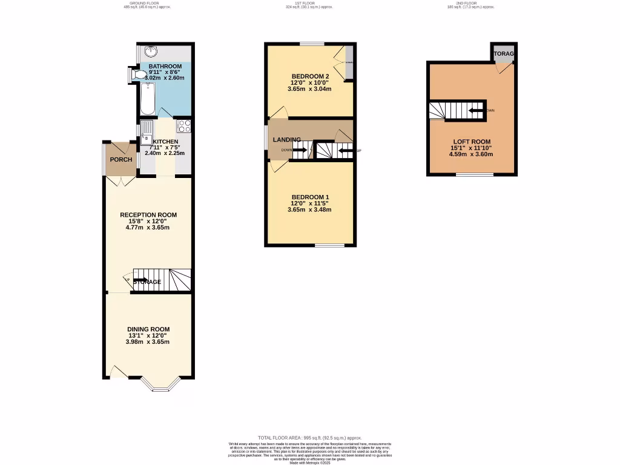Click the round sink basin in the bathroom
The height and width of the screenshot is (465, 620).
pyautogui.click(x=147, y=51)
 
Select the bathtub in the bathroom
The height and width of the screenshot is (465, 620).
pyautogui.click(x=147, y=99)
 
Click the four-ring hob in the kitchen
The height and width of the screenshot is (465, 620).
pyautogui.click(x=184, y=127)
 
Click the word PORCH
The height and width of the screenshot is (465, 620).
pyautogui.click(x=120, y=160)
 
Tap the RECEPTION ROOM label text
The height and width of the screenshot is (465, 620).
pyautogui.click(x=148, y=215)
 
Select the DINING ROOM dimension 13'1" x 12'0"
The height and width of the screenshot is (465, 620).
pyautogui.click(x=147, y=335)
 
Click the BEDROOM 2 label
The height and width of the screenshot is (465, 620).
pyautogui.click(x=309, y=76)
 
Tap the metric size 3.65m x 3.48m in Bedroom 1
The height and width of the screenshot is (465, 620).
pyautogui.click(x=309, y=210)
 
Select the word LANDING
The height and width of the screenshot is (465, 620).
pyautogui.click(x=286, y=140)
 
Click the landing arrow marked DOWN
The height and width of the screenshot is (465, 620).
pyautogui.click(x=300, y=150)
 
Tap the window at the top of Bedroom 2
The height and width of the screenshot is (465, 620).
pyautogui.click(x=312, y=44)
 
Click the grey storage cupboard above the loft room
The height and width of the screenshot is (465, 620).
pyautogui.click(x=503, y=54)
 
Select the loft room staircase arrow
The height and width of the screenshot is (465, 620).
pyautogui.click(x=476, y=110)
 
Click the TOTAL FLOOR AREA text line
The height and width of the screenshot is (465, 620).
pyautogui.click(x=309, y=437)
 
